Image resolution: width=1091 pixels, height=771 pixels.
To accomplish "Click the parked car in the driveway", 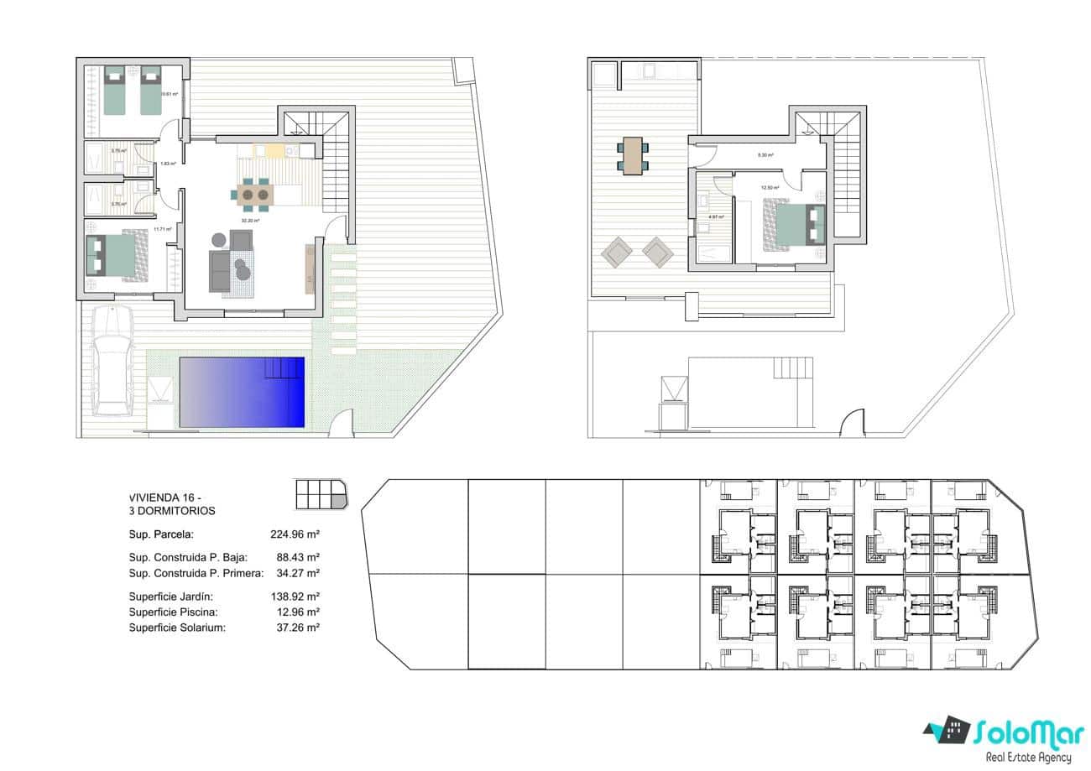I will pos(112,362).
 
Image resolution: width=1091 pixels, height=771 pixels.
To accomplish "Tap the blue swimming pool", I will pos(242,391).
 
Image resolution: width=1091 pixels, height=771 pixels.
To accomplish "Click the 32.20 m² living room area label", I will pos(250,221).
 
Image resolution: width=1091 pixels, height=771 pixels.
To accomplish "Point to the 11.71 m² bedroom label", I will pos(163,228).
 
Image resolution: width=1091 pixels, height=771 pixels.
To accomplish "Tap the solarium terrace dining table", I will pos(631,155).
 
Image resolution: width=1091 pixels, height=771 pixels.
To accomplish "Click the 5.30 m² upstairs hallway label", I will pos(765,155).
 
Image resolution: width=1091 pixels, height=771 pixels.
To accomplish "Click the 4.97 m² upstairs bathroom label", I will pos(716,216).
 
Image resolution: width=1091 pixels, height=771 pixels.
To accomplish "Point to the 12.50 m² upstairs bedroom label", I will pos(770,188).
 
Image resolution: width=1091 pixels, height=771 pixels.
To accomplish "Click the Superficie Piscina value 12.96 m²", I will pos(298,612).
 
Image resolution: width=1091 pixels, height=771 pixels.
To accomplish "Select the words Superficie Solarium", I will pos(177,628).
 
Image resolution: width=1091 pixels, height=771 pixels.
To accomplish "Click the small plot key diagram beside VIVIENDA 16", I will pos(320,494).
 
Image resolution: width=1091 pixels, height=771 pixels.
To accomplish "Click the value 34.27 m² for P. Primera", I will pos(298,573).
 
